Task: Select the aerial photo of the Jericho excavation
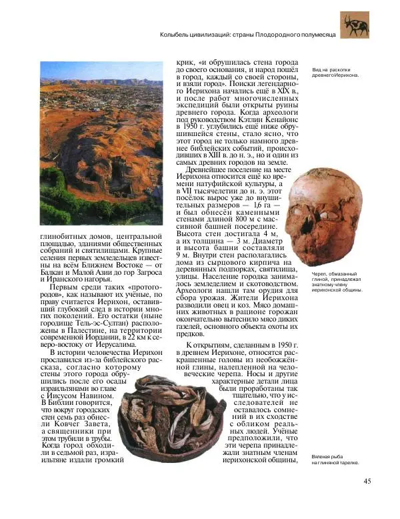pyautogui.click(x=102, y=143)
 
